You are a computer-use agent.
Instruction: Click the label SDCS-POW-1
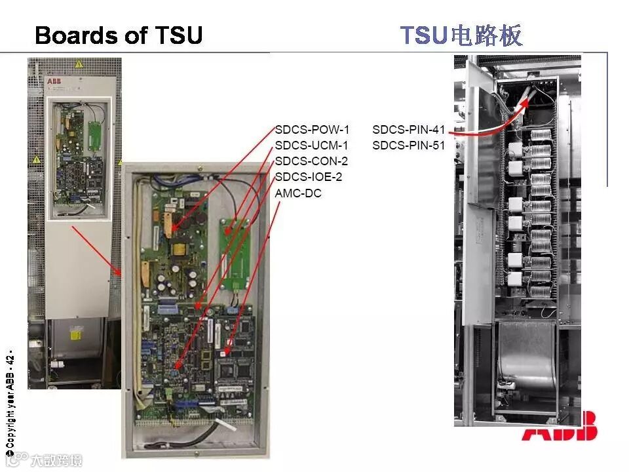(x=312, y=130)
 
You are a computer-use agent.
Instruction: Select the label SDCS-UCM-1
(x=312, y=146)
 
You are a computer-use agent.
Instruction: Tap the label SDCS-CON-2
(x=312, y=161)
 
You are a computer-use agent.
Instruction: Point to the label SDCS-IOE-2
(x=309, y=177)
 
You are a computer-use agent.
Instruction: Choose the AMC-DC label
(x=299, y=193)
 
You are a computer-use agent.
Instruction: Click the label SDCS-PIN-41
(x=409, y=130)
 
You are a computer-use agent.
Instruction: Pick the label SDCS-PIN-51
(x=409, y=146)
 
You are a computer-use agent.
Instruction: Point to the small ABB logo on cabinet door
(x=54, y=82)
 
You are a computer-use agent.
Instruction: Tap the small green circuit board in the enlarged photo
(x=235, y=252)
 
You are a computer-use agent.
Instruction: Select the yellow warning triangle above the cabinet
(x=79, y=64)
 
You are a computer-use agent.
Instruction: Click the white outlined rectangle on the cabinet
(x=79, y=157)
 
